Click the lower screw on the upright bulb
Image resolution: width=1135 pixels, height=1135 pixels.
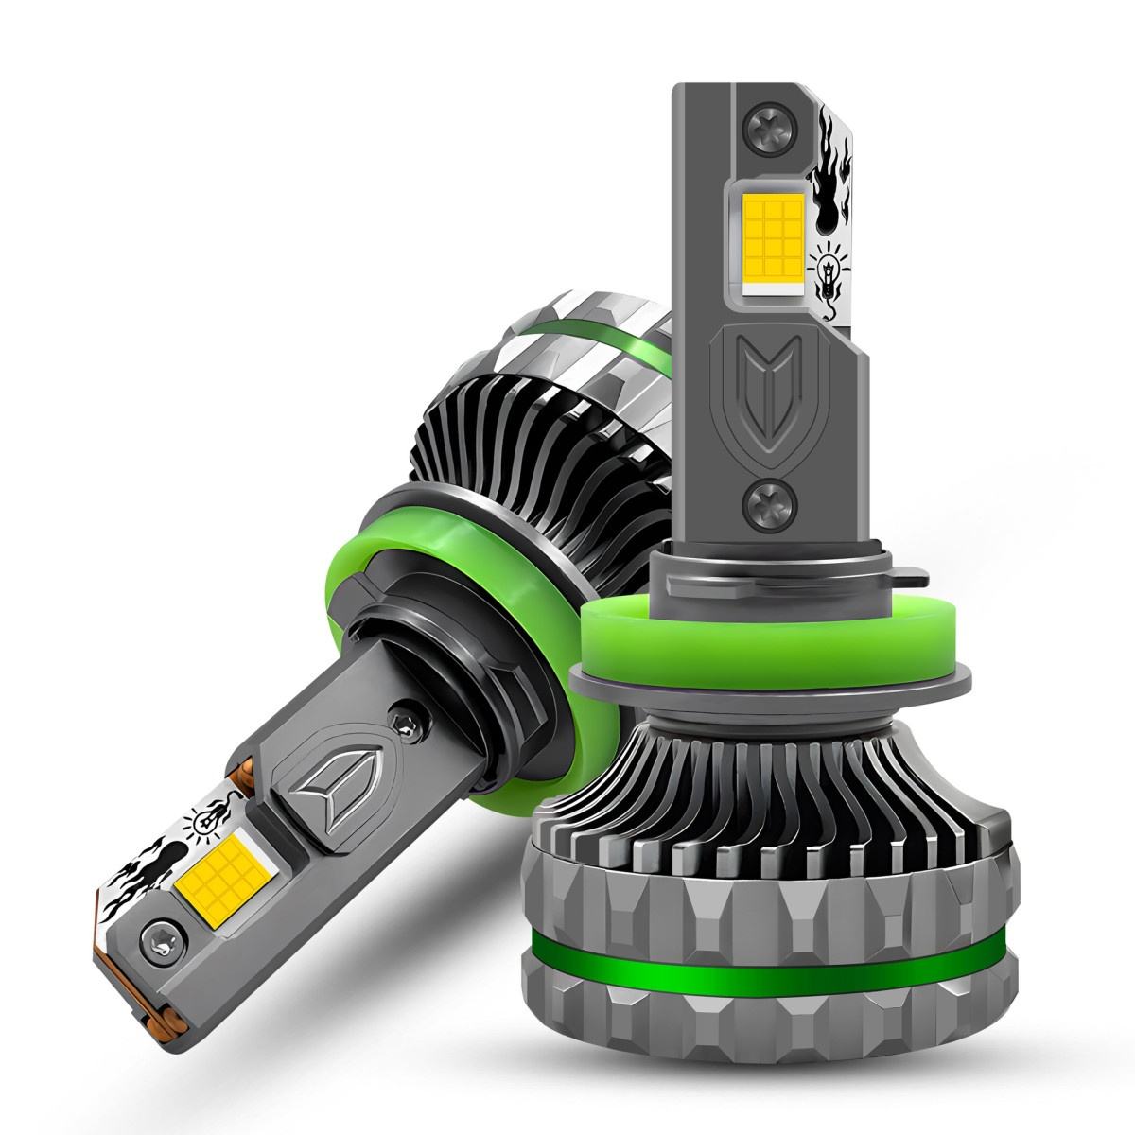tap(761, 498)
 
